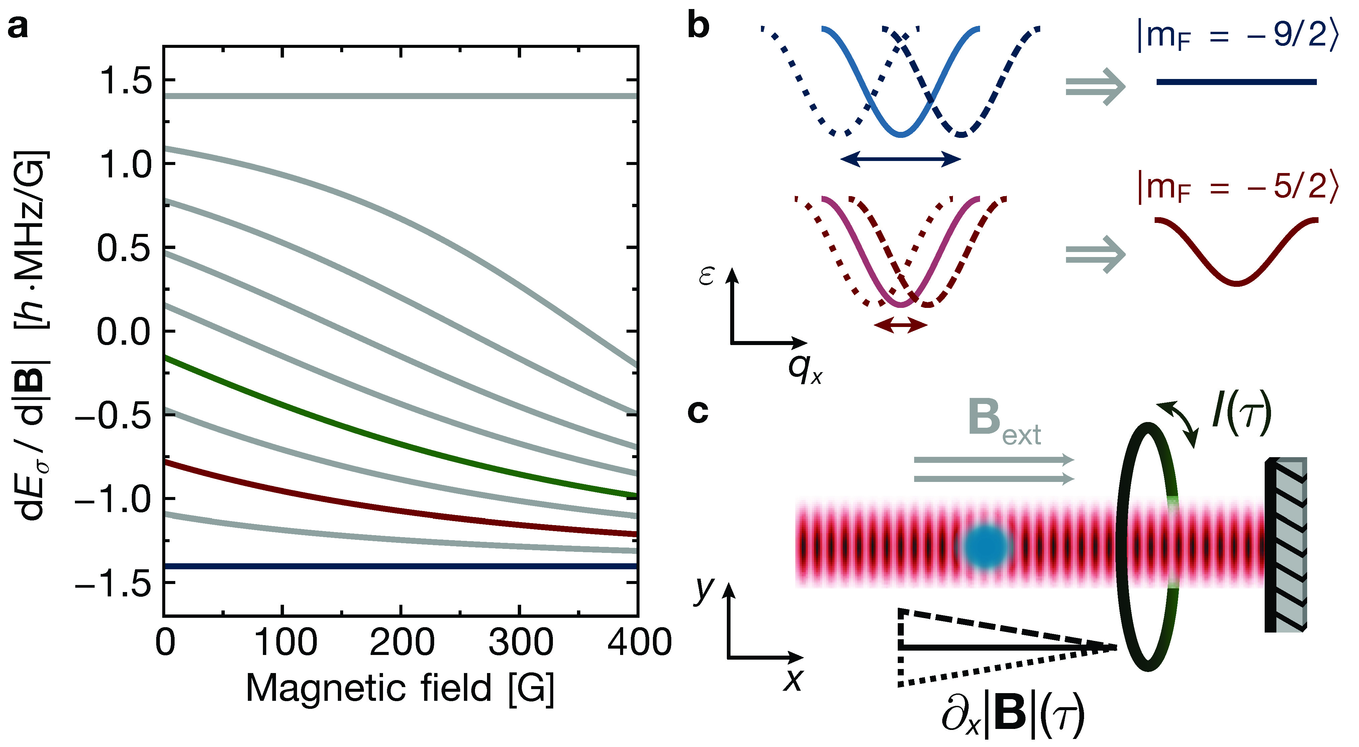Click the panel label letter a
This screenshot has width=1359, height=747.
pyautogui.click(x=18, y=26)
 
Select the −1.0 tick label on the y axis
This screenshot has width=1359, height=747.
pyautogui.click(x=113, y=499)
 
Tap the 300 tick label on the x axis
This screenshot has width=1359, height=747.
pyautogui.click(x=520, y=643)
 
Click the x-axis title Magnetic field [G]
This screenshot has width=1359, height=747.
pyautogui.click(x=400, y=689)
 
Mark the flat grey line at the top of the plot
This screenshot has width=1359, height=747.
pyautogui.click(x=401, y=96)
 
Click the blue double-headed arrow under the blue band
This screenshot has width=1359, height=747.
pyautogui.click(x=900, y=159)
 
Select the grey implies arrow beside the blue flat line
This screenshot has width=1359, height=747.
pyautogui.click(x=1095, y=87)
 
